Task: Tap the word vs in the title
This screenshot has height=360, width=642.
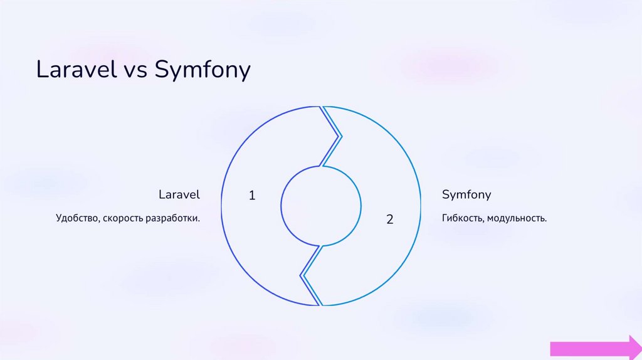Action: coord(132,70)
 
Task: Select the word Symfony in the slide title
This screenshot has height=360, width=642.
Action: coord(203,70)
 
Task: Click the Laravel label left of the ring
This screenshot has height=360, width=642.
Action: coord(179,194)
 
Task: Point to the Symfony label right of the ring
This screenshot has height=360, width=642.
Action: coord(466,194)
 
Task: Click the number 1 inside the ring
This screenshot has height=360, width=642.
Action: coord(252,196)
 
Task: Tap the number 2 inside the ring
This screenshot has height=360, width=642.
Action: coord(390,220)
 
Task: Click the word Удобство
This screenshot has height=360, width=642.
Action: coord(74,219)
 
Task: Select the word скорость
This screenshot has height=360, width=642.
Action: coord(122,219)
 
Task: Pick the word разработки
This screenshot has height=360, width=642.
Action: coord(172,219)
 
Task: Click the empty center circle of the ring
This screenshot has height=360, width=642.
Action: coord(321,206)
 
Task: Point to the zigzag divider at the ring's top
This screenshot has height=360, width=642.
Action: coord(331,137)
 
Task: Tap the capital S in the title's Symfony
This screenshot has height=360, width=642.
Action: coord(160,70)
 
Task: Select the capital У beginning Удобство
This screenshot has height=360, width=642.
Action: coord(58,219)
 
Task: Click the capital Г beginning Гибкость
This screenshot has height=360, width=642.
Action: coord(445,219)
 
